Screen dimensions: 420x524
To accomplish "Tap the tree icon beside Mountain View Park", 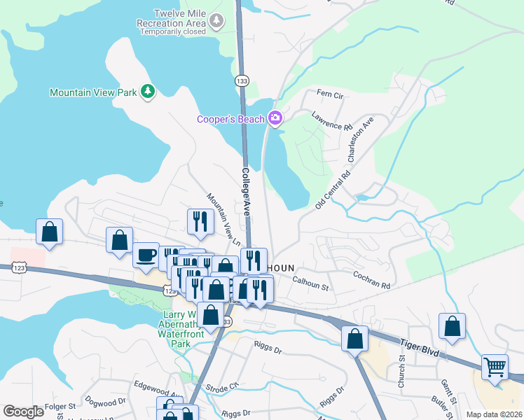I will tap(148, 92).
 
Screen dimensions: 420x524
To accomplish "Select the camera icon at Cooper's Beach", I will tap(275, 118).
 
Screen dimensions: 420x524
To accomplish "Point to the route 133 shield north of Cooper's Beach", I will tap(242, 81).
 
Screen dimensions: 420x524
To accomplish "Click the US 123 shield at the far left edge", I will tap(19, 267).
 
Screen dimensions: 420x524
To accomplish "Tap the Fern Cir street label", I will tap(329, 94).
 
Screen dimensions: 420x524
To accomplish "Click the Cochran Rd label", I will tap(371, 280).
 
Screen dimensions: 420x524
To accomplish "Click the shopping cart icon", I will tap(495, 367).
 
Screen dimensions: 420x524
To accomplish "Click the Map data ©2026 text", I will tap(494, 414).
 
